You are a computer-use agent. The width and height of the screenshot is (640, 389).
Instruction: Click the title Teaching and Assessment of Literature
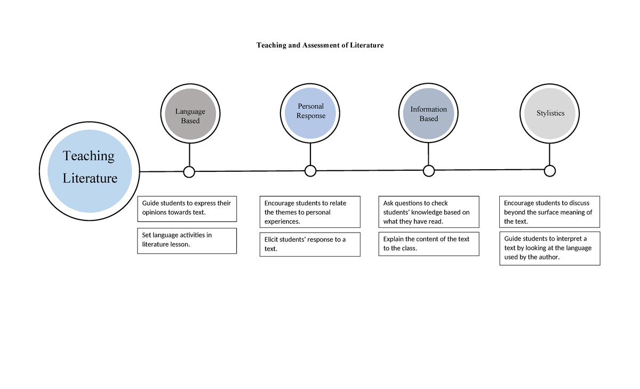click(320, 45)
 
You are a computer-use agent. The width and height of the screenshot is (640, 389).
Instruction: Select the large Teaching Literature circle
click(90, 171)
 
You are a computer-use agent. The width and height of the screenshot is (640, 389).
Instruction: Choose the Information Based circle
click(428, 114)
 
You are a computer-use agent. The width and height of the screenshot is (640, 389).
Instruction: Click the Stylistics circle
click(550, 113)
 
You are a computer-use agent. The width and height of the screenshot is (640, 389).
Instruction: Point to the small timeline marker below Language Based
click(189, 172)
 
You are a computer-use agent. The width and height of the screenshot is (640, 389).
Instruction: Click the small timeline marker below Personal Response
click(310, 171)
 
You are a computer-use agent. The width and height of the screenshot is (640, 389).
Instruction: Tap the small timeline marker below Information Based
click(429, 171)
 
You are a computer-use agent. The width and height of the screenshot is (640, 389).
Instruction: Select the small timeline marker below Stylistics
click(550, 171)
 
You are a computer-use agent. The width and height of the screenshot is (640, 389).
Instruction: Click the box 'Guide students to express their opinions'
click(187, 208)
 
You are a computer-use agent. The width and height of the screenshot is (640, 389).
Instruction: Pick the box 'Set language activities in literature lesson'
click(187, 240)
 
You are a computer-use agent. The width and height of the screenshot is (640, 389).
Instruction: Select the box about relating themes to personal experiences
click(310, 212)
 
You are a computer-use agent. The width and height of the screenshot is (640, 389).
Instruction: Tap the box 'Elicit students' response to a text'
click(310, 244)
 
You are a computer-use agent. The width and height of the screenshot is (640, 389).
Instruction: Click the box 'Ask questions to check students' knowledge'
click(429, 212)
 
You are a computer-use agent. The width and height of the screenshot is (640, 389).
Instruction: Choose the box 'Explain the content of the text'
click(429, 244)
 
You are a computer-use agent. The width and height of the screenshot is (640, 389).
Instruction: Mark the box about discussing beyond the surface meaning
click(549, 212)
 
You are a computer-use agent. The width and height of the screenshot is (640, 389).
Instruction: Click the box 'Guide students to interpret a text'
click(549, 248)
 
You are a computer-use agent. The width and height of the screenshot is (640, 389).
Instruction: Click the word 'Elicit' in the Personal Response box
click(273, 240)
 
